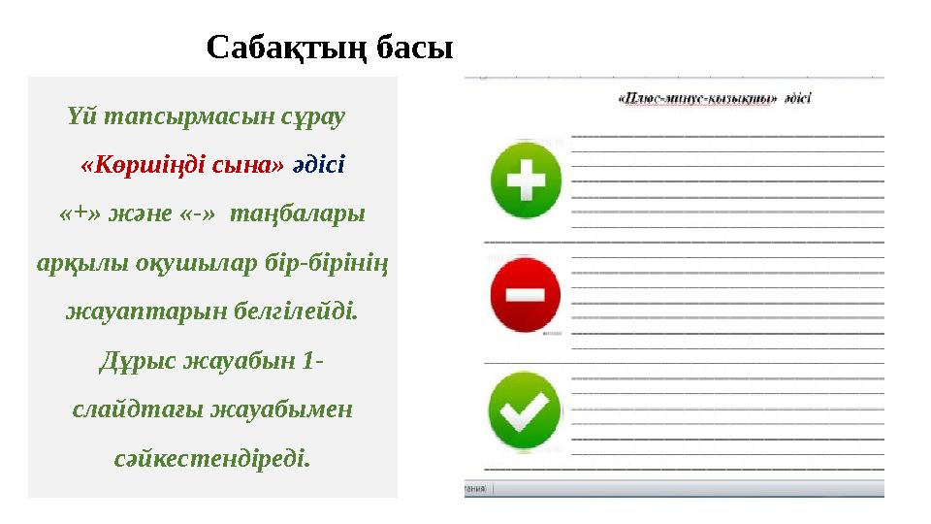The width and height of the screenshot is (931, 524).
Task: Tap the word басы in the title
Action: (414, 47)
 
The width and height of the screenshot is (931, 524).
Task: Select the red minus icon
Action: (525, 293)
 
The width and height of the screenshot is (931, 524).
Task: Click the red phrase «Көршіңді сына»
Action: (183, 164)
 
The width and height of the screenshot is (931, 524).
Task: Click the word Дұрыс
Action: (142, 362)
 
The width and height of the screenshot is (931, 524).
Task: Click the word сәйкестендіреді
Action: (212, 459)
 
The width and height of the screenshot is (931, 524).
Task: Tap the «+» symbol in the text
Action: (78, 213)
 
